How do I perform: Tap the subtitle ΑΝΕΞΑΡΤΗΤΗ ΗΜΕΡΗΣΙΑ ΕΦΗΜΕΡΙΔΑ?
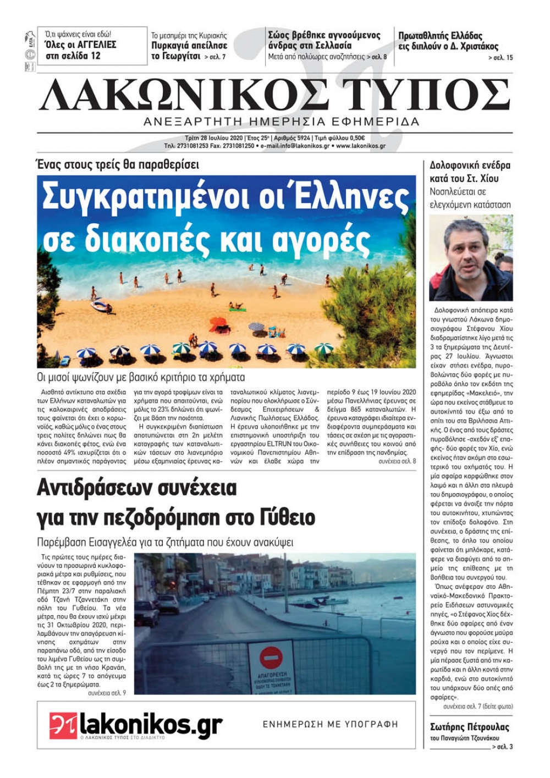pyautogui.click(x=281, y=122)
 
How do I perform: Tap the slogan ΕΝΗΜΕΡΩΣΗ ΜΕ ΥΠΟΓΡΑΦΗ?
pyautogui.click(x=330, y=724)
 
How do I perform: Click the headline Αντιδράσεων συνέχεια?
pyautogui.click(x=137, y=487)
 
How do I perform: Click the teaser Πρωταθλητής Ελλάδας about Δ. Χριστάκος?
pyautogui.click(x=448, y=41)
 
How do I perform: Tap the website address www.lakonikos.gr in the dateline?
pyautogui.click(x=360, y=146)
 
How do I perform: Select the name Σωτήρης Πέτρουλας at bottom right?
pyautogui.click(x=469, y=727)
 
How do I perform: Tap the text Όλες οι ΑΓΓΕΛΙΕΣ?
pyautogui.click(x=80, y=45)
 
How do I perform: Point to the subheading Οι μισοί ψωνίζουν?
pyautogui.click(x=141, y=377)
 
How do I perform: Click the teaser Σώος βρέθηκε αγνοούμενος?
pyautogui.click(x=324, y=40)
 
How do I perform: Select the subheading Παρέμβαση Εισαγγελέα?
pyautogui.click(x=165, y=542)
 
